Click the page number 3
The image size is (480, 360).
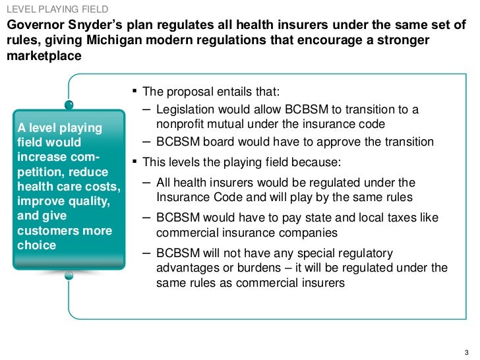pyautogui.click(x=469, y=350)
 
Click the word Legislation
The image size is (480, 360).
pyautogui.click(x=187, y=109)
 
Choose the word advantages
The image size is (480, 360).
pyautogui.click(x=187, y=268)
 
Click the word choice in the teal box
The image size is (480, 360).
pyautogui.click(x=37, y=245)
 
